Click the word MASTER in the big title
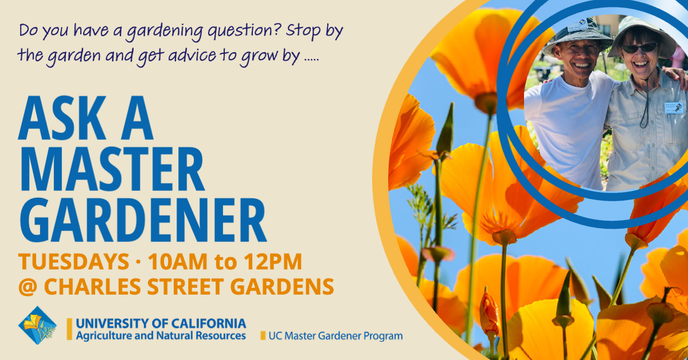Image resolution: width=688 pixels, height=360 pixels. pos(111,170)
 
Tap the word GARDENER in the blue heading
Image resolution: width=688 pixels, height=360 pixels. pos(143,221)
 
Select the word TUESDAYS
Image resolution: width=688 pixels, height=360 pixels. pos(74,262)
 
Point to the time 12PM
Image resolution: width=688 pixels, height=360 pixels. pos(273,262)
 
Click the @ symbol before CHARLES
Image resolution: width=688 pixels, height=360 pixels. pos(28,287)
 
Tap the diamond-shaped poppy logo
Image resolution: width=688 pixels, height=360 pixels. pos(37,325)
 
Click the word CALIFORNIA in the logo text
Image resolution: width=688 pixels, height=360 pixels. pos(208,323)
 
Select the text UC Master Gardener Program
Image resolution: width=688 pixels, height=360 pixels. pos(335,336)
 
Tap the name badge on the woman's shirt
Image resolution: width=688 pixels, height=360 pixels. pos(674,108)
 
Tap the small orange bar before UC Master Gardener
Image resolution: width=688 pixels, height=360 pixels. pos(263,336)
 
